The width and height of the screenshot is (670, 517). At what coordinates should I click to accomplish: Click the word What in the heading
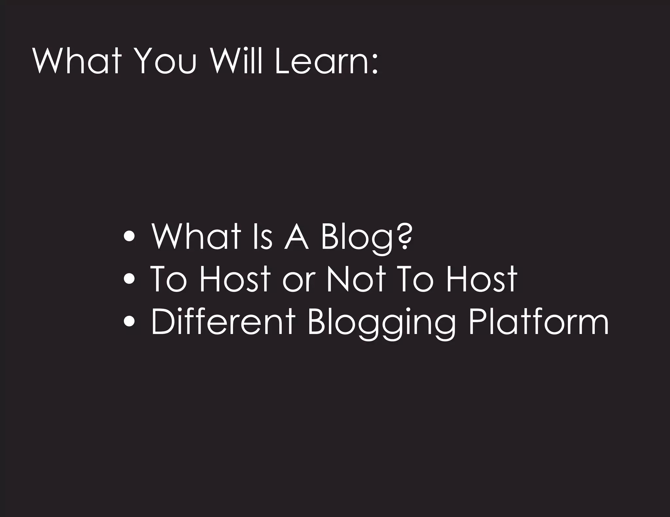[77, 61]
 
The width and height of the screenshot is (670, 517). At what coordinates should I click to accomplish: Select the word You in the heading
[166, 61]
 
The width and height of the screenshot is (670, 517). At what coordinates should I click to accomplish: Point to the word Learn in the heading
[322, 61]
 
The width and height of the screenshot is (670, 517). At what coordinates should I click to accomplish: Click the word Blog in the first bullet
[357, 237]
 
